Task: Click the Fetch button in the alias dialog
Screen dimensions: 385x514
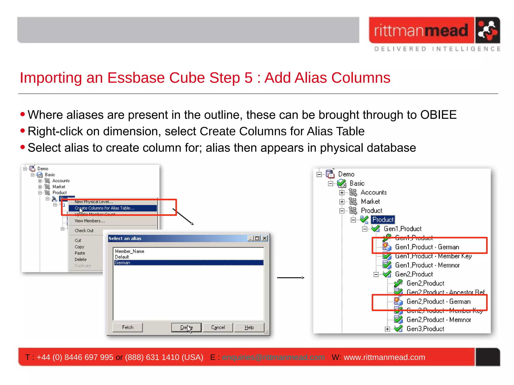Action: (x=127, y=327)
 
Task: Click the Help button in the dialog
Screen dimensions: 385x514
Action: (x=249, y=327)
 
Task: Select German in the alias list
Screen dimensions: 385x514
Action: (x=123, y=263)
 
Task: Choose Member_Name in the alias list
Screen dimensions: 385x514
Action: (x=130, y=251)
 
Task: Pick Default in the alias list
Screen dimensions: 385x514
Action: (x=122, y=257)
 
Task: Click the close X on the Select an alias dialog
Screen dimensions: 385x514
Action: (x=265, y=238)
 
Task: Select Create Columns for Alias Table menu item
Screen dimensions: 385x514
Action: (x=105, y=208)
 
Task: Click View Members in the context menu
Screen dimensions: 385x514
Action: (x=90, y=221)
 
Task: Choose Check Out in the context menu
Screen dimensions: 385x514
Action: (x=84, y=231)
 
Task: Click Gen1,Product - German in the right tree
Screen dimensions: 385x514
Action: (x=427, y=247)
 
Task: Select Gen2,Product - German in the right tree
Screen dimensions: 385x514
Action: (x=438, y=301)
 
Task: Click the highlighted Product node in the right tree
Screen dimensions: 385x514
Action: (x=383, y=220)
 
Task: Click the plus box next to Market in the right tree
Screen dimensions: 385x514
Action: (x=342, y=202)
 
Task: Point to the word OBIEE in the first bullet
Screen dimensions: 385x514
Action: (x=438, y=115)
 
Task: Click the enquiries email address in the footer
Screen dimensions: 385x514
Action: (x=273, y=357)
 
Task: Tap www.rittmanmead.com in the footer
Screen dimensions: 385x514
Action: (x=384, y=357)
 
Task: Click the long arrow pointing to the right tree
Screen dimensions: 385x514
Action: (x=291, y=278)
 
